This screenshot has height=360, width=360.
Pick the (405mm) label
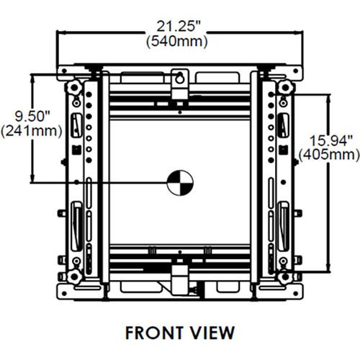click(328, 154)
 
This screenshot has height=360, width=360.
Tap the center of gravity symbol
click(176, 183)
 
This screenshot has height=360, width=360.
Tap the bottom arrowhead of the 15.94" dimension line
click(327, 269)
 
